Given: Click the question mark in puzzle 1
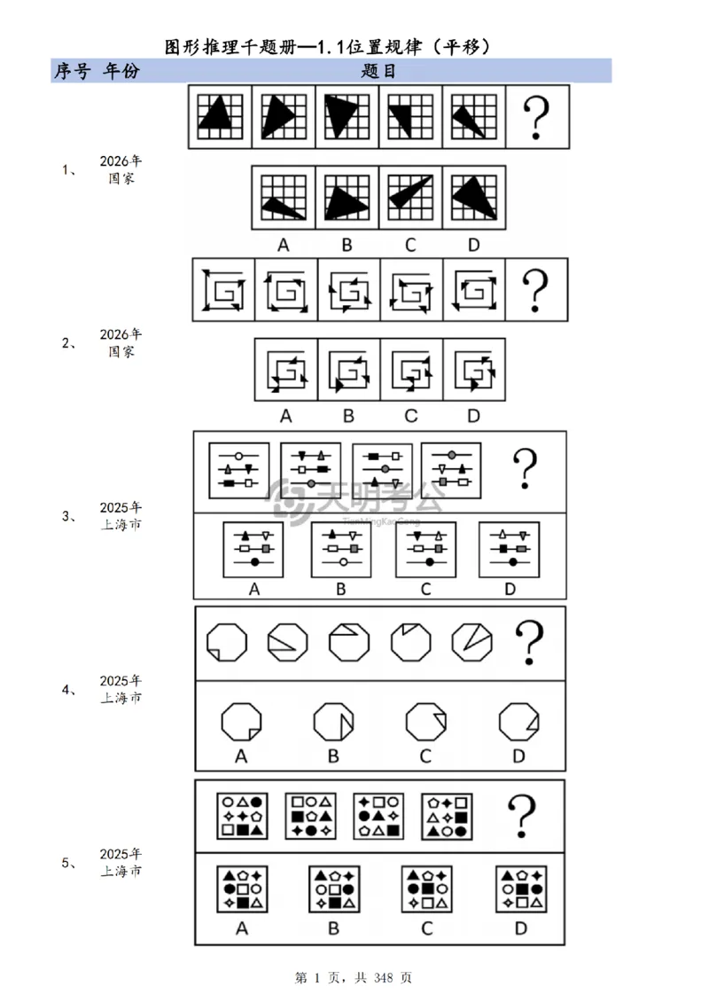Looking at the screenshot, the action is click(536, 118).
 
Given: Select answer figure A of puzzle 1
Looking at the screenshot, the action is click(284, 198).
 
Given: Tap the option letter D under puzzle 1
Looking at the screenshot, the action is click(473, 245).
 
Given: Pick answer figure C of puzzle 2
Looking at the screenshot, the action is click(411, 370).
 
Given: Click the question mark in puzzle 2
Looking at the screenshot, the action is click(535, 290).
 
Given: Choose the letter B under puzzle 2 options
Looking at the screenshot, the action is click(348, 416).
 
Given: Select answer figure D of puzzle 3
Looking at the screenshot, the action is click(509, 550).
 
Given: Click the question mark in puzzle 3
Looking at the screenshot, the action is click(525, 468).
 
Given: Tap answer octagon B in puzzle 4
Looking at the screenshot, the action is click(333, 722).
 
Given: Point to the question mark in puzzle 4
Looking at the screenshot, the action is click(529, 642).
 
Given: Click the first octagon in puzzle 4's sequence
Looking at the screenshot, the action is click(227, 642).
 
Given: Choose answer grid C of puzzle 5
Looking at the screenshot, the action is click(427, 888).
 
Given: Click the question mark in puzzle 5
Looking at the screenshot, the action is click(522, 816).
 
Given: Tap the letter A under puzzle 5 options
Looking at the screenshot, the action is click(241, 928).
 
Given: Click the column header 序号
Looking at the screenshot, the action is click(72, 71).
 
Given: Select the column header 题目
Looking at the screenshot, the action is click(378, 71).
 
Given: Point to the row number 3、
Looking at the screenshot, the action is click(69, 516).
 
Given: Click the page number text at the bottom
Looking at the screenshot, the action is click(354, 978).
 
